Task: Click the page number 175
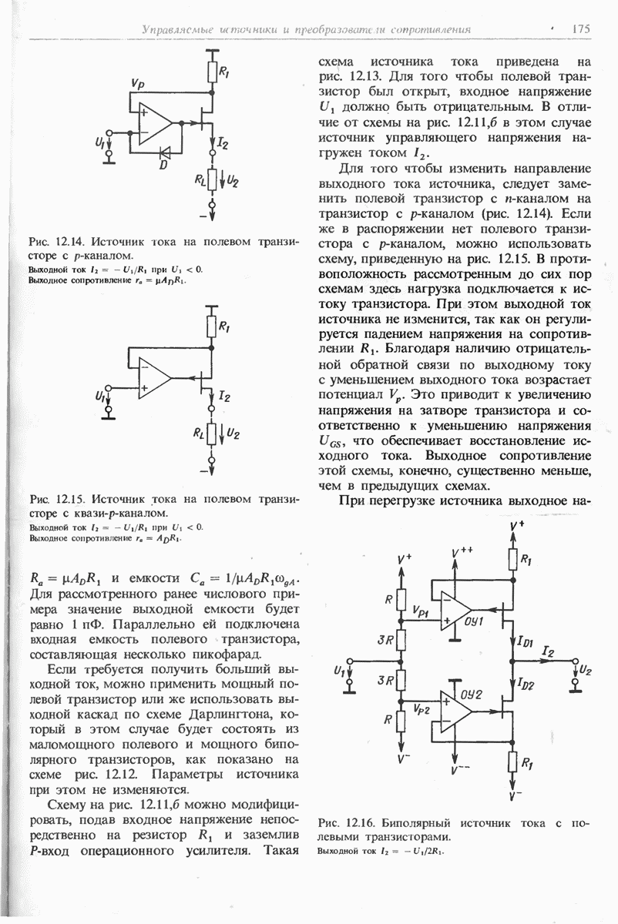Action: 580,29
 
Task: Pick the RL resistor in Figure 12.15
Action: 211,437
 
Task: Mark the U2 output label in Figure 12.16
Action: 586,669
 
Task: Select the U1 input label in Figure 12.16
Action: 339,671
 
